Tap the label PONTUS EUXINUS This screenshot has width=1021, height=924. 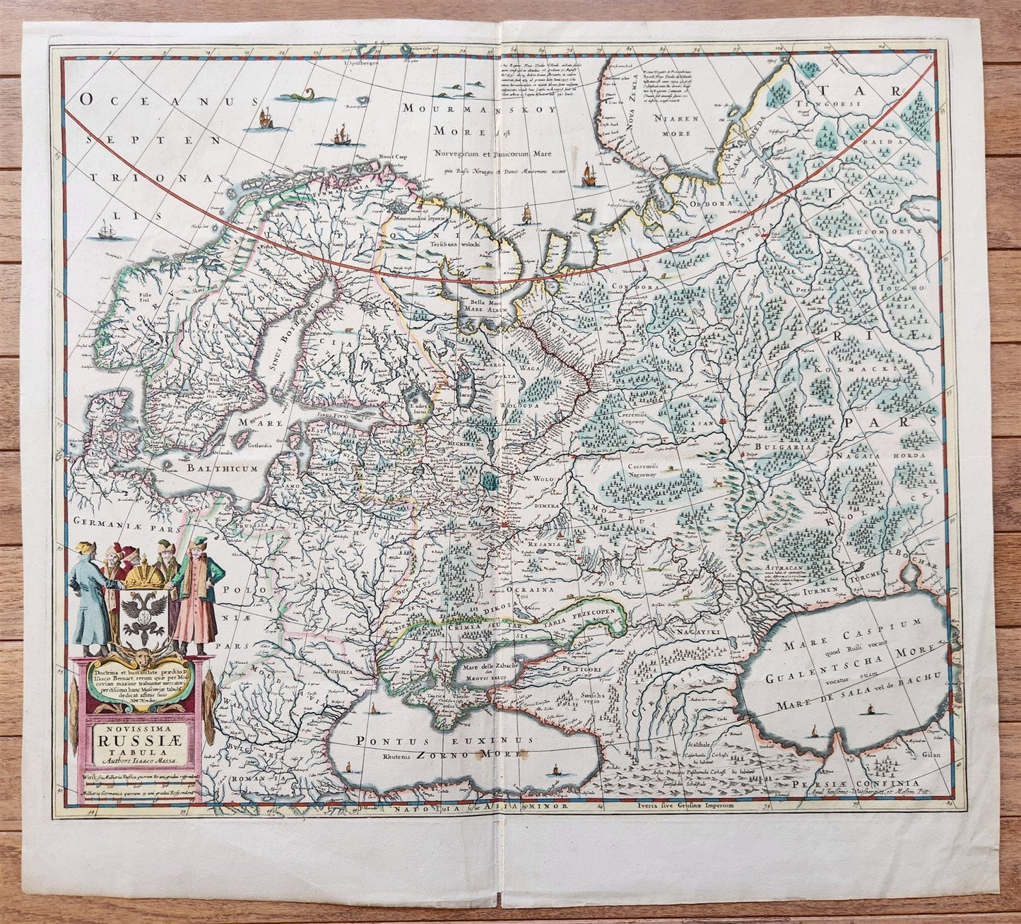pos(433,742)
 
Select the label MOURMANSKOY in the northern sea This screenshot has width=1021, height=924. pos(467,108)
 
